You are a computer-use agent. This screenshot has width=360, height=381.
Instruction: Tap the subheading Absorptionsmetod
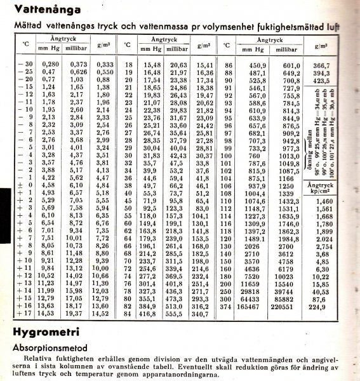pos(58,349)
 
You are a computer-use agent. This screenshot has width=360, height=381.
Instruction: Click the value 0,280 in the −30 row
pos(50,64)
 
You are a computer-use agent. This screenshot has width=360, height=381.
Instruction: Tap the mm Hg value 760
pos(253,156)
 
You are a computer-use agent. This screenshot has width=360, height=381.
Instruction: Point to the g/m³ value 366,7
pos(324,64)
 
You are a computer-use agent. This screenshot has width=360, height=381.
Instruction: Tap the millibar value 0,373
pos(79,64)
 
